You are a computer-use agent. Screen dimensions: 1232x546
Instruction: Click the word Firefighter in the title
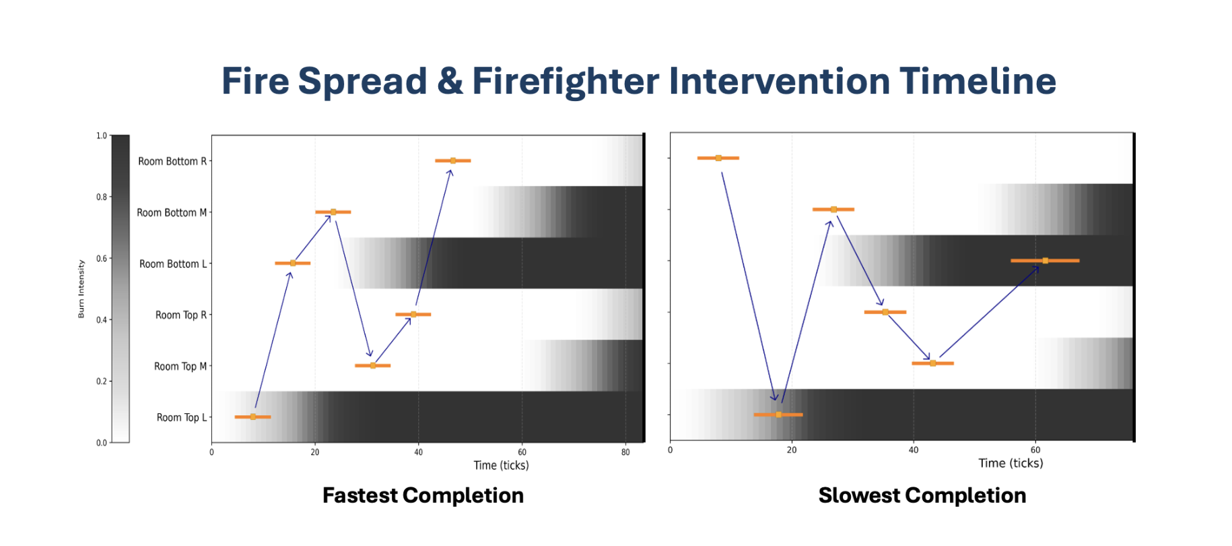click(x=566, y=82)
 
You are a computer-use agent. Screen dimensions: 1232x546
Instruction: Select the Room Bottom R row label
click(x=172, y=161)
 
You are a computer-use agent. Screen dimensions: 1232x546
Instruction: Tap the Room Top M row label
click(x=180, y=366)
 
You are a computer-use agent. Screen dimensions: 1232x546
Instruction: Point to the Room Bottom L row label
click(x=173, y=264)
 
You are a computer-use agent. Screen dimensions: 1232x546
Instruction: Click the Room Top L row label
click(x=182, y=417)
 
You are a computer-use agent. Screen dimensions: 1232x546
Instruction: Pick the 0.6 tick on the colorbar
click(x=101, y=258)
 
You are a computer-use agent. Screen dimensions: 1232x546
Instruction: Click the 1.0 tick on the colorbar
click(x=101, y=135)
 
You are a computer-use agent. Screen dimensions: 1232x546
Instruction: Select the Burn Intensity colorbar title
click(x=81, y=289)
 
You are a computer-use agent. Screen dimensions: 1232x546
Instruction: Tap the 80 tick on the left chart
click(x=625, y=452)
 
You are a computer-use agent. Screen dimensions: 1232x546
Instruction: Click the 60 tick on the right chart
click(x=1035, y=450)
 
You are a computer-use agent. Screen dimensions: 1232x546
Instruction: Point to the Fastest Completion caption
click(x=423, y=495)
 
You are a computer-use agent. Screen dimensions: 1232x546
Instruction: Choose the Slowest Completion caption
click(x=922, y=495)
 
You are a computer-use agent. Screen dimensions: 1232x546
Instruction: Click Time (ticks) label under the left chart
click(x=501, y=465)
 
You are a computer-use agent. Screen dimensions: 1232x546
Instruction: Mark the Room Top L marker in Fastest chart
click(x=253, y=417)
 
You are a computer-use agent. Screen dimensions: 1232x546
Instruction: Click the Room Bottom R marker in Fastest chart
click(x=453, y=160)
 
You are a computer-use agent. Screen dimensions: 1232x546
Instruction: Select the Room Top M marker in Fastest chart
click(x=373, y=365)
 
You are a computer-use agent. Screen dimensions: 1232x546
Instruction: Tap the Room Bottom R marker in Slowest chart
click(x=718, y=158)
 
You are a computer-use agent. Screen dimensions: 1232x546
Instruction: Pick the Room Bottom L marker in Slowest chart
click(x=1045, y=260)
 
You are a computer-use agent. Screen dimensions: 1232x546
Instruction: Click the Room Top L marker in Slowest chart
click(x=778, y=415)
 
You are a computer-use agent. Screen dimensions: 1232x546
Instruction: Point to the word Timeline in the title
click(x=978, y=82)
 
